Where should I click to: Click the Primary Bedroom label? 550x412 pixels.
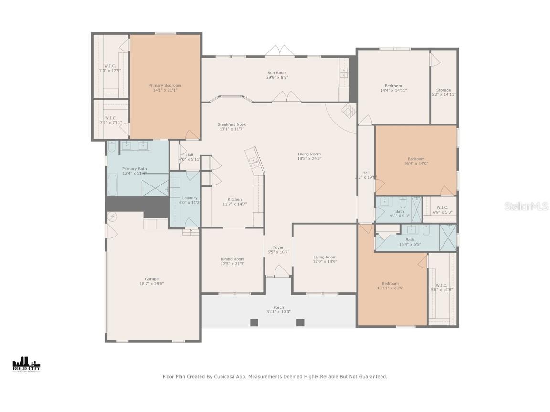tap(165, 86)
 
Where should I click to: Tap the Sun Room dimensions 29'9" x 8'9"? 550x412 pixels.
tap(277, 77)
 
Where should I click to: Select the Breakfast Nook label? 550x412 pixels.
tap(232, 124)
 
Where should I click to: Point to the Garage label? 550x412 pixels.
tap(152, 279)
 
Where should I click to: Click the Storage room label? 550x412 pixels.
tap(444, 90)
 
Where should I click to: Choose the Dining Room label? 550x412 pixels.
tap(233, 259)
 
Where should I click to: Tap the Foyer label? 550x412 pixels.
tap(278, 248)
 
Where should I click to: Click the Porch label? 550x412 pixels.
tap(278, 308)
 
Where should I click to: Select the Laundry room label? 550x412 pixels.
tap(190, 198)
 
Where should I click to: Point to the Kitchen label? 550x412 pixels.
tap(234, 200)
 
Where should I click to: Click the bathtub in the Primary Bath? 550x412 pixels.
tap(112, 185)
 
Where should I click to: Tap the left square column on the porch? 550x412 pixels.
tap(254, 322)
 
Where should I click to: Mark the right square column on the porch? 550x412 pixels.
tap(300, 322)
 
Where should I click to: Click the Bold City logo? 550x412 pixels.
tap(26, 364)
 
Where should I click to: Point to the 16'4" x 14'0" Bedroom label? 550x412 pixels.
tap(415, 159)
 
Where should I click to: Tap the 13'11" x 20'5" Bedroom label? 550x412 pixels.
tap(390, 284)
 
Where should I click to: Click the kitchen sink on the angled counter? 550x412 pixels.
tap(254, 162)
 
